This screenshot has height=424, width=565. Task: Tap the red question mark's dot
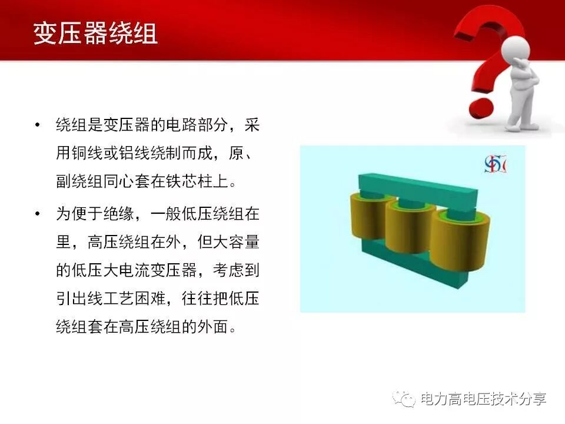tap(478, 110)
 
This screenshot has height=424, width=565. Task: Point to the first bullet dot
tap(38, 126)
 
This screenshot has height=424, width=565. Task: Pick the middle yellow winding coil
tap(411, 226)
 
